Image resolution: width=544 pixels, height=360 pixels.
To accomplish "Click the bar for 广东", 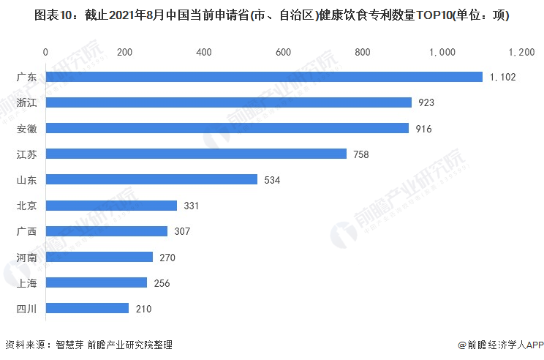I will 264,77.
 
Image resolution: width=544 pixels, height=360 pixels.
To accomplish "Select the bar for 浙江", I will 229,102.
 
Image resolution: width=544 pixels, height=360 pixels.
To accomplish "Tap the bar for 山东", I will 151,179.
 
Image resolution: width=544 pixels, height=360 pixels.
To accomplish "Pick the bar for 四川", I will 87,308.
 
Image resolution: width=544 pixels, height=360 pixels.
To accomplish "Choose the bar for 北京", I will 111,206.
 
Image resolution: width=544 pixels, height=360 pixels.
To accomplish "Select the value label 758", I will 361,154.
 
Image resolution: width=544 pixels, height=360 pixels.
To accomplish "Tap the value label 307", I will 182,232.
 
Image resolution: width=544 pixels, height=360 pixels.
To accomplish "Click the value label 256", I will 162,283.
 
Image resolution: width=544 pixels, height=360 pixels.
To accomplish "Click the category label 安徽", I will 27,128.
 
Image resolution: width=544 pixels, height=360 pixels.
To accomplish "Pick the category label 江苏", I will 27,154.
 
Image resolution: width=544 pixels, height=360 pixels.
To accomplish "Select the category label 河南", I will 27,257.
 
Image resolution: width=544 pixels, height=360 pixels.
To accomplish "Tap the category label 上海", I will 27,282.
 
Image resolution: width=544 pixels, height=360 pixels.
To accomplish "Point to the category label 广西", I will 27,231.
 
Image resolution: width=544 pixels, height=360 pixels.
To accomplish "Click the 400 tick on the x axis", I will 204,52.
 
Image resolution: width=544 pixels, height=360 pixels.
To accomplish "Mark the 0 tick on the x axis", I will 46,52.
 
